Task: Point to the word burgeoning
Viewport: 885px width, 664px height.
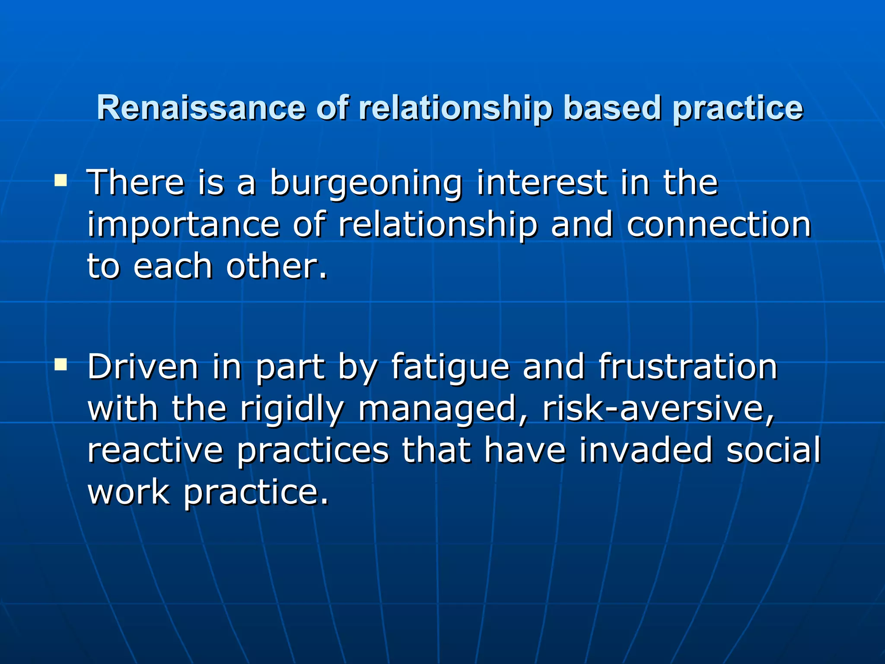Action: click(366, 184)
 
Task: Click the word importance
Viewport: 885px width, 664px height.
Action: click(183, 226)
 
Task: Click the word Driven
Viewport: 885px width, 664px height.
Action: click(143, 367)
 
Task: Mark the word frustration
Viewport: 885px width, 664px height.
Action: click(688, 367)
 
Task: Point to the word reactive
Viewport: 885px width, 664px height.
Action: click(155, 450)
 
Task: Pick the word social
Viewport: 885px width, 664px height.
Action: click(773, 450)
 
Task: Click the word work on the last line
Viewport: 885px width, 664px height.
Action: click(128, 492)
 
